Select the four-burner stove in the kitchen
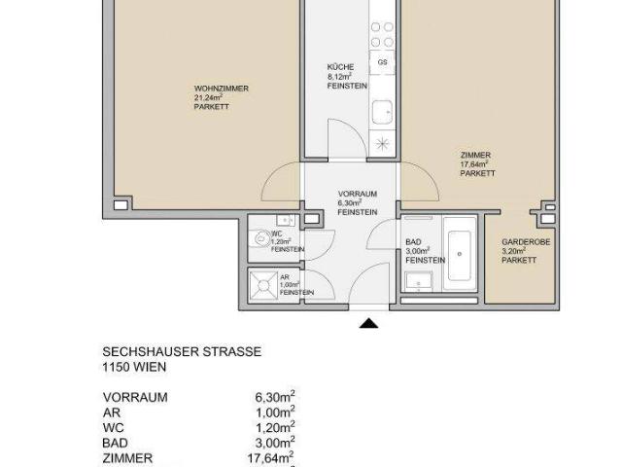tap(382, 36)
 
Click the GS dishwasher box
tap(383, 62)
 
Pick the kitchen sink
tap(383, 109)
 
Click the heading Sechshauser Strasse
tap(182, 351)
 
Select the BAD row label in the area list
tap(115, 441)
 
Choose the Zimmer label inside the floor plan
tap(476, 155)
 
